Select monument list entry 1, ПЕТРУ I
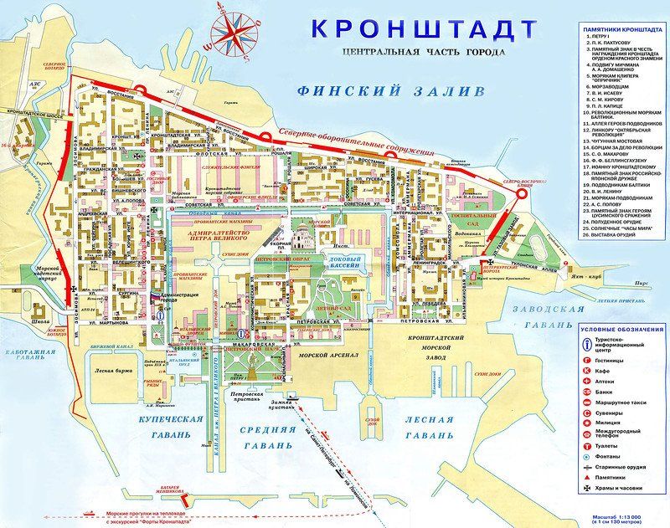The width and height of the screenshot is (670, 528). point(604,38)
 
